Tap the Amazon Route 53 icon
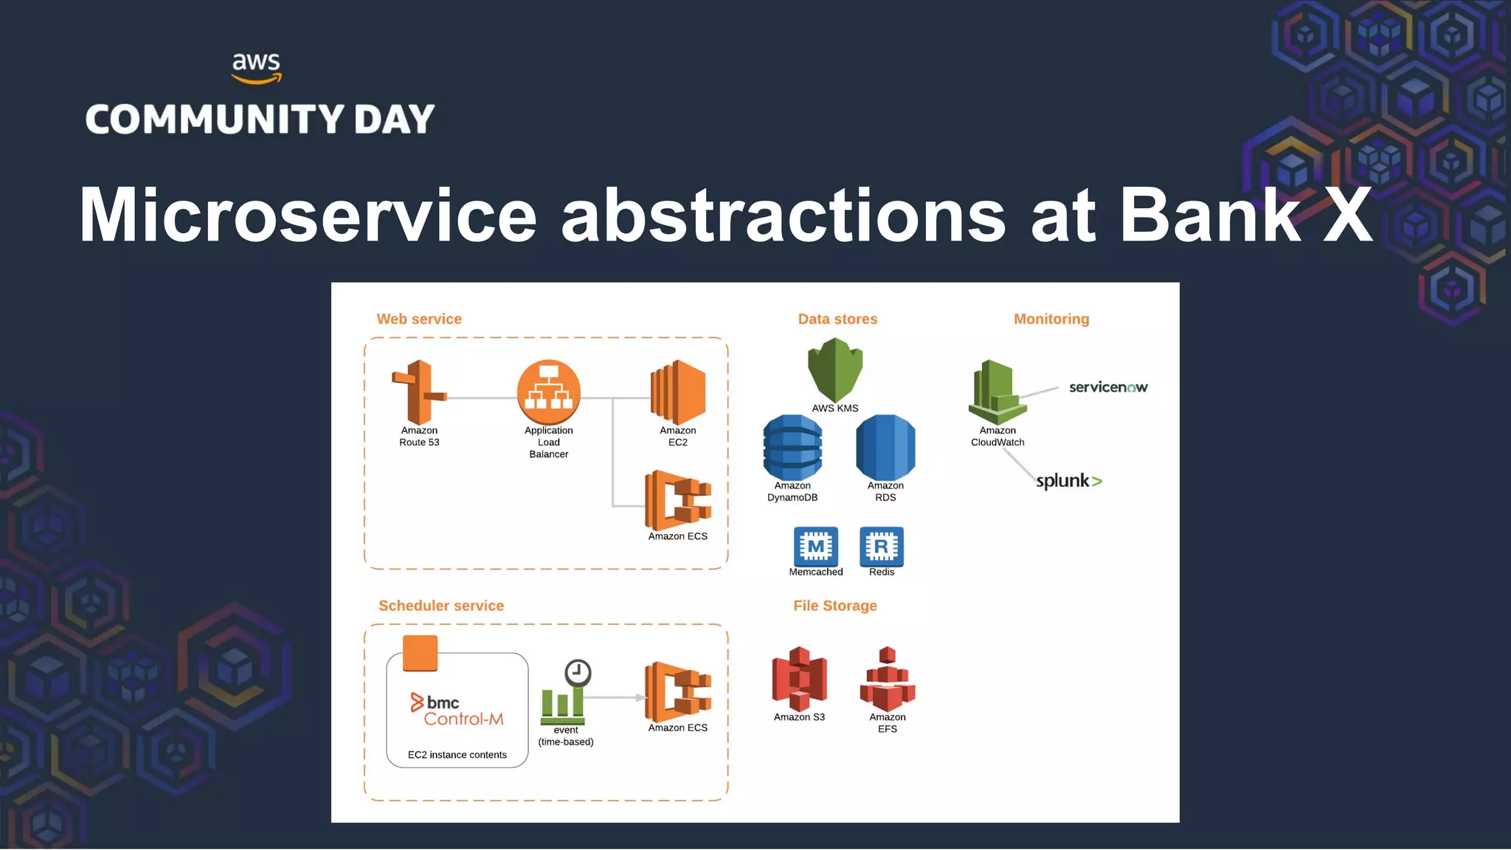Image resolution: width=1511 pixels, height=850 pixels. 418,392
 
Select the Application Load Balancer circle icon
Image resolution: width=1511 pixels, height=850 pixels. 548,392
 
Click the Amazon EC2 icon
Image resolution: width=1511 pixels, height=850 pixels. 677,392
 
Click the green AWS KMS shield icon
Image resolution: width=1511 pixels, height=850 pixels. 834,369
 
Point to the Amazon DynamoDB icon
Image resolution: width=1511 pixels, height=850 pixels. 792,447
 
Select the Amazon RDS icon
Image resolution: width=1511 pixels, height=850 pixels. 885,447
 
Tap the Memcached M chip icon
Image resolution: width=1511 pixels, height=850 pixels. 815,546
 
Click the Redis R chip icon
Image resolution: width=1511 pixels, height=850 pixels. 882,546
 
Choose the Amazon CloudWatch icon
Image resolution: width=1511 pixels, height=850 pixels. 997,392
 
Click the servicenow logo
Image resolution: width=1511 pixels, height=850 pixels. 1108,387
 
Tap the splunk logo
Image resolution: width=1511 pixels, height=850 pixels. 1068,481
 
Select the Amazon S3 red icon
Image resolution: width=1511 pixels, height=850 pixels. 799,678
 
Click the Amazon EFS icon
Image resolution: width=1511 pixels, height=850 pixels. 887,679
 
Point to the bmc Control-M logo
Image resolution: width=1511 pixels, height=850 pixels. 457,710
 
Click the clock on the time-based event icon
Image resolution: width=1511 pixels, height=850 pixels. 578,673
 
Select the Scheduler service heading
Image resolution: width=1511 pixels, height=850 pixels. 441,606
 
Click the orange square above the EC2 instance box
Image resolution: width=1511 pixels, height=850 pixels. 420,653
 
